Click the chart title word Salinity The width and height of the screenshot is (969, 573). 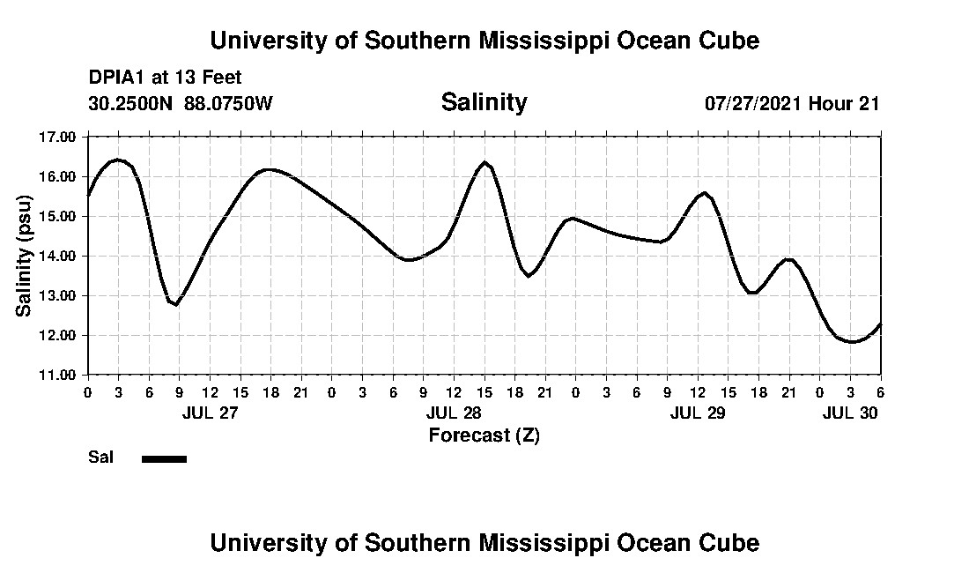(x=484, y=102)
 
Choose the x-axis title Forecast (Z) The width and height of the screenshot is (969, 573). (x=484, y=435)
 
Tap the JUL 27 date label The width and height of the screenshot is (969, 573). (x=210, y=413)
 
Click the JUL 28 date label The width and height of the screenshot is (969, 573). (x=454, y=413)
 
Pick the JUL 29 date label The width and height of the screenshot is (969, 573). (x=698, y=413)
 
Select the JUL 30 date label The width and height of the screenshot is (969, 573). (x=850, y=413)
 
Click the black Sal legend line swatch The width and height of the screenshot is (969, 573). (x=164, y=458)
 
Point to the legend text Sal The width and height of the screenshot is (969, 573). (x=99, y=458)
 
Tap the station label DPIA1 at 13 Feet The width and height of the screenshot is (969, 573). (x=165, y=78)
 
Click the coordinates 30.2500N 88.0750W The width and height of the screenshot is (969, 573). (x=181, y=103)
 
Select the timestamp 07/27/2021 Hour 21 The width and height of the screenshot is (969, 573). (x=792, y=103)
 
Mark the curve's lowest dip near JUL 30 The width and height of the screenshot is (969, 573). (x=851, y=342)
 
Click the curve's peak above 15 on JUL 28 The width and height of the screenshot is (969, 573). (x=484, y=163)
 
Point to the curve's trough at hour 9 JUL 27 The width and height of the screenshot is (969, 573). (x=176, y=304)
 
